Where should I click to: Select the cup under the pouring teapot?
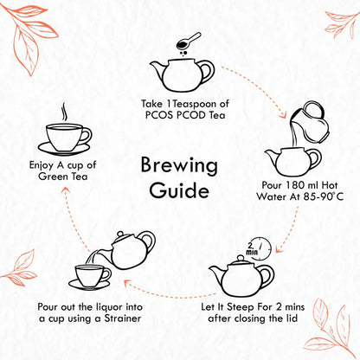91,277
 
